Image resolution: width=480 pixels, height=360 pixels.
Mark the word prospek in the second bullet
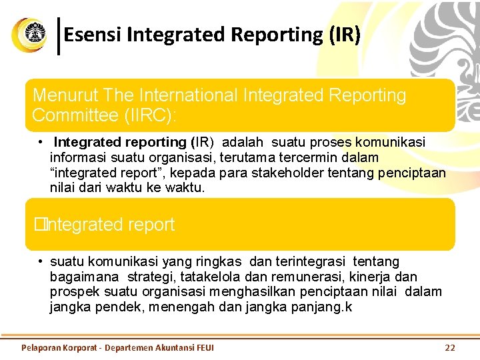[75, 291]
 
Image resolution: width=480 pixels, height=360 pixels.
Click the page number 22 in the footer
[449, 347]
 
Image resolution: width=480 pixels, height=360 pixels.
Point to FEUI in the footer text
[205, 347]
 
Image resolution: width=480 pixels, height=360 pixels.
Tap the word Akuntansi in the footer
[174, 347]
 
